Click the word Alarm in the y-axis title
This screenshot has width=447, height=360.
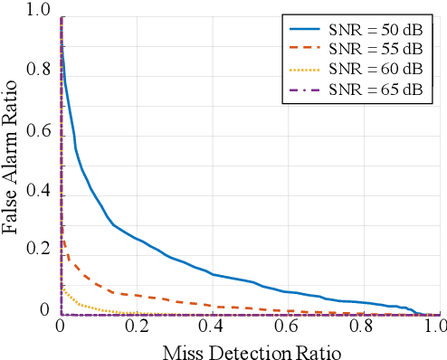[13, 168]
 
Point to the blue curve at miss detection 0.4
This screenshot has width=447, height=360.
[212, 273]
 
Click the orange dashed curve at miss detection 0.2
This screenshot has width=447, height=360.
[136, 295]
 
